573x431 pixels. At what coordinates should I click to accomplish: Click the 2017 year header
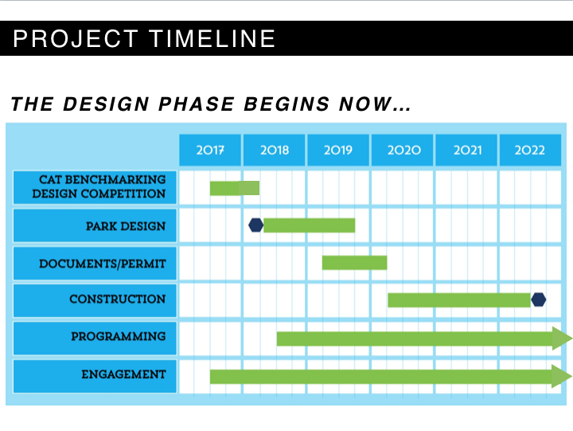(x=210, y=150)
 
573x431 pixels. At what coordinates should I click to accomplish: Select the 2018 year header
(x=274, y=150)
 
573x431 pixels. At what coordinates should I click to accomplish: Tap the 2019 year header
(x=338, y=150)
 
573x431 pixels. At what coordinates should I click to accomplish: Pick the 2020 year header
(x=403, y=150)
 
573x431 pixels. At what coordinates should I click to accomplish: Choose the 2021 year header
(x=466, y=150)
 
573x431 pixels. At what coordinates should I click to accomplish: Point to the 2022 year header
(x=530, y=150)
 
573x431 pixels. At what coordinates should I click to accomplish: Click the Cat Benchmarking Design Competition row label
(x=95, y=187)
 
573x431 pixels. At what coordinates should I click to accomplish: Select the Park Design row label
(x=95, y=225)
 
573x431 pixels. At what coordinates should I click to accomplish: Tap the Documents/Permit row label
(x=95, y=264)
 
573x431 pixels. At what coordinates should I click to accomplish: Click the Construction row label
(x=95, y=300)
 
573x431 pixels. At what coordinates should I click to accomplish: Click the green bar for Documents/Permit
(x=354, y=263)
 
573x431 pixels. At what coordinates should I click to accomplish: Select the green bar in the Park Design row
(x=309, y=225)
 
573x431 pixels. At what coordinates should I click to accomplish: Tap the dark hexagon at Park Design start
(x=255, y=225)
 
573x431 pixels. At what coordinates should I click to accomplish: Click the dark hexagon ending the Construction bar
(x=538, y=300)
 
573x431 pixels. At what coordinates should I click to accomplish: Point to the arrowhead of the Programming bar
(x=561, y=339)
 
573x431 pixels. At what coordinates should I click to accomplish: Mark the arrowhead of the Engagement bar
(x=561, y=376)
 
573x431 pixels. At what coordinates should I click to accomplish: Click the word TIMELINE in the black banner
(x=212, y=38)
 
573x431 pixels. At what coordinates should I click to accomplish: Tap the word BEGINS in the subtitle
(x=286, y=104)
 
